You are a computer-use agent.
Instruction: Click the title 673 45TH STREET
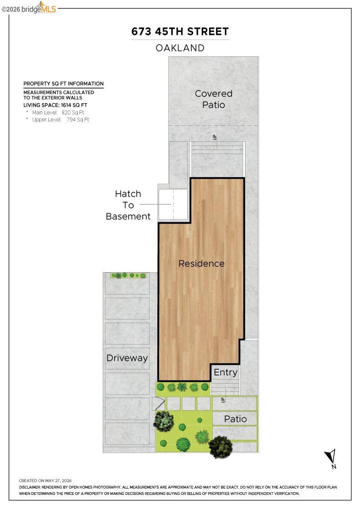pos(180,31)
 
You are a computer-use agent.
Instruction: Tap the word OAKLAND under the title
pos(180,48)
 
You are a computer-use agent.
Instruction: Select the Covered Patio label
pos(214,99)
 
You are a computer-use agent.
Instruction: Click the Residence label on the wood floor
pos(201,263)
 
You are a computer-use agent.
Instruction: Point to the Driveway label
pos(127,358)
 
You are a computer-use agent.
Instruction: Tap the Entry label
pos(225,372)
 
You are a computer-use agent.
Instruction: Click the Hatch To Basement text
pos(128,205)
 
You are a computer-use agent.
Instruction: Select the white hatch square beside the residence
pos(173,205)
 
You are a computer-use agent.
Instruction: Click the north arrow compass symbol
pos(331,458)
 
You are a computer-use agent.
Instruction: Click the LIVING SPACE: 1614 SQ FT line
pos(55,105)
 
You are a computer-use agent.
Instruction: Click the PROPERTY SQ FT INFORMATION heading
pos(63,84)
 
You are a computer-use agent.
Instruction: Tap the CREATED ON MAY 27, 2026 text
pos(45,480)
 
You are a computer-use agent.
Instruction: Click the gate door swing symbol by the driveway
pos(159,404)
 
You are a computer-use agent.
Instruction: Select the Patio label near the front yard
pos(235,419)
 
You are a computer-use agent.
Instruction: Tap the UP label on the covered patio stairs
pos(215,137)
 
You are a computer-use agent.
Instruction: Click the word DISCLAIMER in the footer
pos(30,487)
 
